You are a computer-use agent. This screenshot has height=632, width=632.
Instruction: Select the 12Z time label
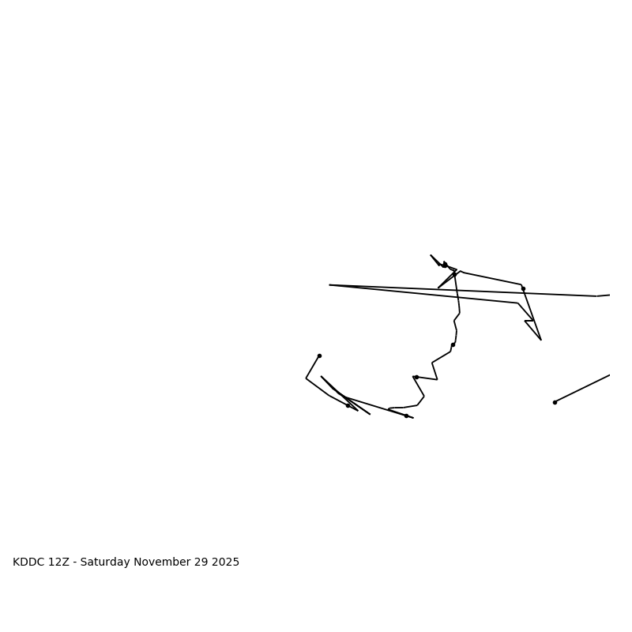point(59,562)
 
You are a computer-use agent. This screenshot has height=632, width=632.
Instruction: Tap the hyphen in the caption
point(75,562)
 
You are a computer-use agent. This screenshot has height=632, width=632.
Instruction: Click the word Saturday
point(107,562)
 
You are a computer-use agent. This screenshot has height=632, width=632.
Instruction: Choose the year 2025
point(226,562)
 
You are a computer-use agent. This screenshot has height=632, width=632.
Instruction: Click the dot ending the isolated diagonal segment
point(555,402)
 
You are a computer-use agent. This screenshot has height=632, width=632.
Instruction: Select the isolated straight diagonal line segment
point(582,389)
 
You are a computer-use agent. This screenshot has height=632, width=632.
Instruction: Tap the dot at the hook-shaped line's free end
point(319,355)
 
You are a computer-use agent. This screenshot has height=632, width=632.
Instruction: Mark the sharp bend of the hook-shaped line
point(307,378)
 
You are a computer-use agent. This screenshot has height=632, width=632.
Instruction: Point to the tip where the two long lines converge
point(329,285)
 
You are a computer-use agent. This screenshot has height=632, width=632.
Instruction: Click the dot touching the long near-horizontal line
point(523,288)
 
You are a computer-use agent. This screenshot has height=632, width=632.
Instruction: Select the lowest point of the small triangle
point(541,340)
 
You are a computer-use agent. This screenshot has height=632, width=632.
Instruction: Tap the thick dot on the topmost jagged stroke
point(445,265)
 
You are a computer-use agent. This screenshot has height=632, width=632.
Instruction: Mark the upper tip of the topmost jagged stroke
point(431,255)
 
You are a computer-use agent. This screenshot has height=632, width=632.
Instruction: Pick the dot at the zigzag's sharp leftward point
point(416,377)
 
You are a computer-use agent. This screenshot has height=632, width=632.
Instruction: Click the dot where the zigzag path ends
point(406,416)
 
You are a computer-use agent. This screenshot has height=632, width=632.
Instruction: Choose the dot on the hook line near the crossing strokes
point(348,405)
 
